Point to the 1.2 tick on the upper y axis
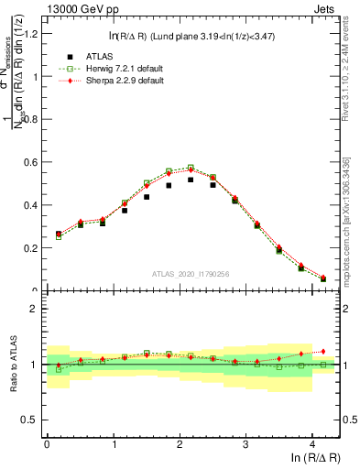coord(30,34)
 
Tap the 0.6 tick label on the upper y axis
coord(30,162)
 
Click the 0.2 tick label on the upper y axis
coord(30,248)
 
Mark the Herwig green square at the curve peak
coord(191,168)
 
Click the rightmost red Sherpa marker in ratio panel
coord(323,351)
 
